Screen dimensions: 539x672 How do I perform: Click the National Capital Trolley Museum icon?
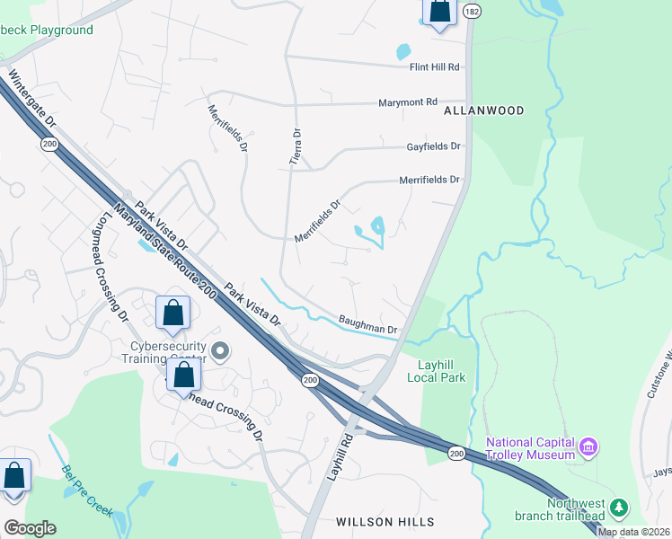pyautogui.click(x=588, y=446)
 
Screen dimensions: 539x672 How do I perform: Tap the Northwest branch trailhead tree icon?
pyautogui.click(x=618, y=508)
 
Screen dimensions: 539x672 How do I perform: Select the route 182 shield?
pyautogui.click(x=473, y=11)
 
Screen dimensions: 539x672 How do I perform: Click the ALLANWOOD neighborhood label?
pyautogui.click(x=483, y=110)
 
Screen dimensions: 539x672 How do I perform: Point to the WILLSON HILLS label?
pyautogui.click(x=385, y=522)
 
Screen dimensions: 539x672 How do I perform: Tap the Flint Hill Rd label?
pyautogui.click(x=434, y=67)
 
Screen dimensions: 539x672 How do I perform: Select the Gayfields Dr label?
pyautogui.click(x=433, y=146)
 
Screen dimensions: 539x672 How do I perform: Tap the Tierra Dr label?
pyautogui.click(x=294, y=144)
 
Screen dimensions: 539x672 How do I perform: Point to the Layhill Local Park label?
pyautogui.click(x=442, y=371)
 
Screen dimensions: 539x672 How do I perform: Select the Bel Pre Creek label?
pyautogui.click(x=86, y=491)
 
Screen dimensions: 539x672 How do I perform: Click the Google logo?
pyautogui.click(x=29, y=528)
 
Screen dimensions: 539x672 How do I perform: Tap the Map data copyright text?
pyautogui.click(x=633, y=532)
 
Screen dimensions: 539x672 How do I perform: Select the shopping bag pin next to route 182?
pyautogui.click(x=439, y=12)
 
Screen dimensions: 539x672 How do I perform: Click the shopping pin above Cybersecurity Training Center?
pyautogui.click(x=173, y=314)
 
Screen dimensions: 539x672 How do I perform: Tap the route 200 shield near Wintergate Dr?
pyautogui.click(x=48, y=144)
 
